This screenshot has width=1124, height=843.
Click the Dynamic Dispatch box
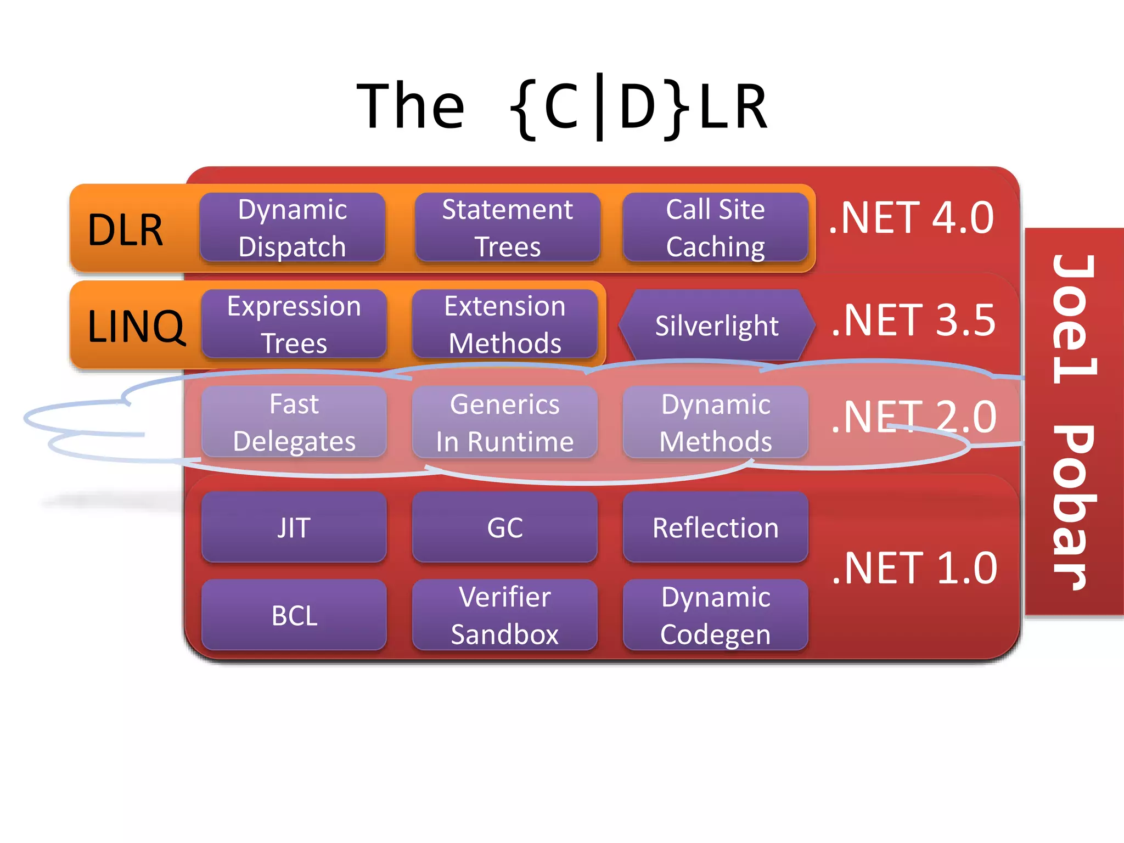(x=292, y=227)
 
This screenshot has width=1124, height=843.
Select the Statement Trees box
(x=507, y=227)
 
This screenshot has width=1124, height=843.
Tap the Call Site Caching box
(x=715, y=227)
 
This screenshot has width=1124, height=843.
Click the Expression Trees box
(x=294, y=324)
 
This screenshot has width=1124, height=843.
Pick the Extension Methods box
(x=504, y=324)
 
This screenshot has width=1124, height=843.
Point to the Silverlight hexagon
(x=716, y=325)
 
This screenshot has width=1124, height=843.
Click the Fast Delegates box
(x=294, y=422)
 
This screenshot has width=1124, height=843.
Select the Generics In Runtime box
(x=504, y=422)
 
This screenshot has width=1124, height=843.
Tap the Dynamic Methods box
(x=715, y=422)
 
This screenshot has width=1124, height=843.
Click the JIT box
(x=294, y=527)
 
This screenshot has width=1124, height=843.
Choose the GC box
(x=504, y=527)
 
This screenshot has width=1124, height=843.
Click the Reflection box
(x=715, y=527)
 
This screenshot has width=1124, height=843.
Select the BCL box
(x=294, y=615)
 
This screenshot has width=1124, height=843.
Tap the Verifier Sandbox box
(x=504, y=615)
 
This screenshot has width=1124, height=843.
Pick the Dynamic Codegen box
(x=715, y=615)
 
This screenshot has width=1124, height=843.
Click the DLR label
(x=126, y=229)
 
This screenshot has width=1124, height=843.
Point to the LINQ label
(x=136, y=326)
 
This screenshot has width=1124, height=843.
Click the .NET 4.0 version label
(x=911, y=218)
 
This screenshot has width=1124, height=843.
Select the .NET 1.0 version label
(x=914, y=568)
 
